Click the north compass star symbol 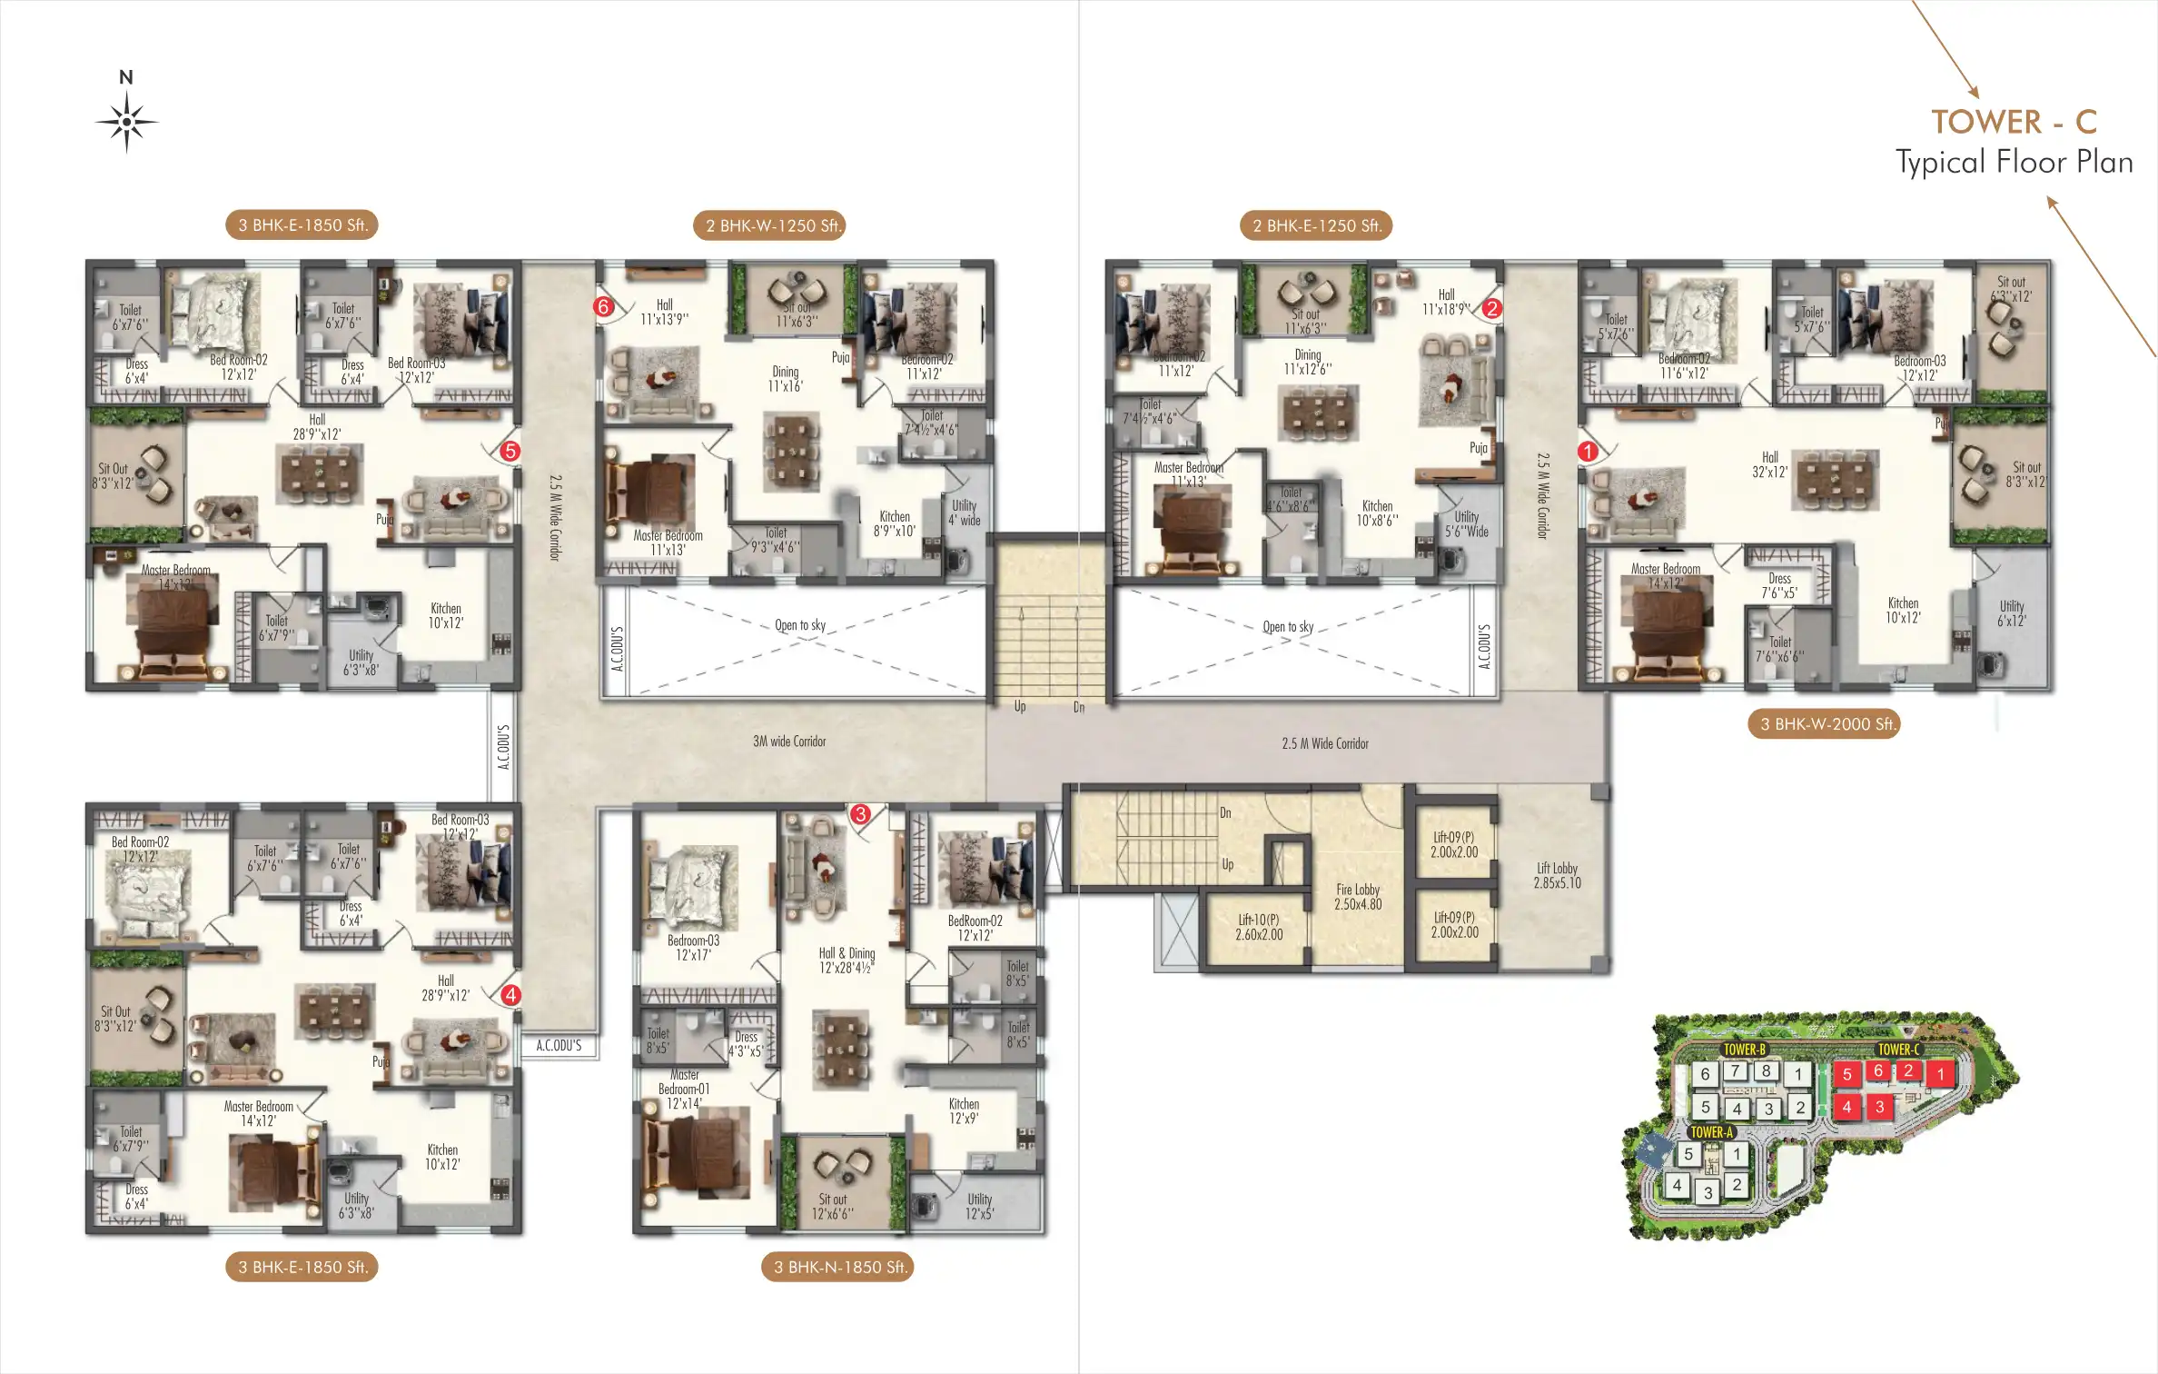coord(127,122)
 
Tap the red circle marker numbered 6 coord(603,307)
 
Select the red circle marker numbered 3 coord(860,814)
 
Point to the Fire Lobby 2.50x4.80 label coord(1357,897)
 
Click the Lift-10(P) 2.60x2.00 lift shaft coord(1259,927)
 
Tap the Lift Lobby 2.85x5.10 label coord(1557,875)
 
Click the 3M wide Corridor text coord(789,742)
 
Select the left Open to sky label coord(800,625)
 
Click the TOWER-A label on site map coord(1711,1132)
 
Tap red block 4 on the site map coord(1846,1107)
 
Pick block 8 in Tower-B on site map coord(1766,1070)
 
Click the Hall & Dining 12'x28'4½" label coord(846,961)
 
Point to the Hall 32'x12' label coord(1769,464)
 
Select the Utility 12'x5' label coord(979,1206)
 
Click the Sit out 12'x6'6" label coord(832,1206)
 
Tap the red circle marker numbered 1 coord(1588,451)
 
